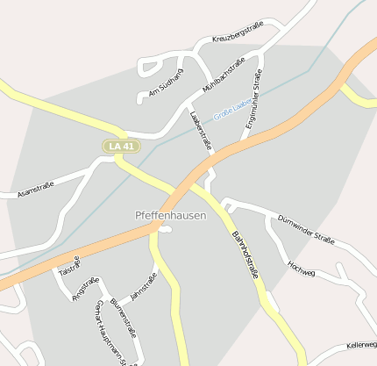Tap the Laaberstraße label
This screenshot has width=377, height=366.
tap(200, 130)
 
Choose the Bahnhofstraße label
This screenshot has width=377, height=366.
tap(245, 254)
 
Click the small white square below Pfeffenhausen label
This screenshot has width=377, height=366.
tap(165, 230)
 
